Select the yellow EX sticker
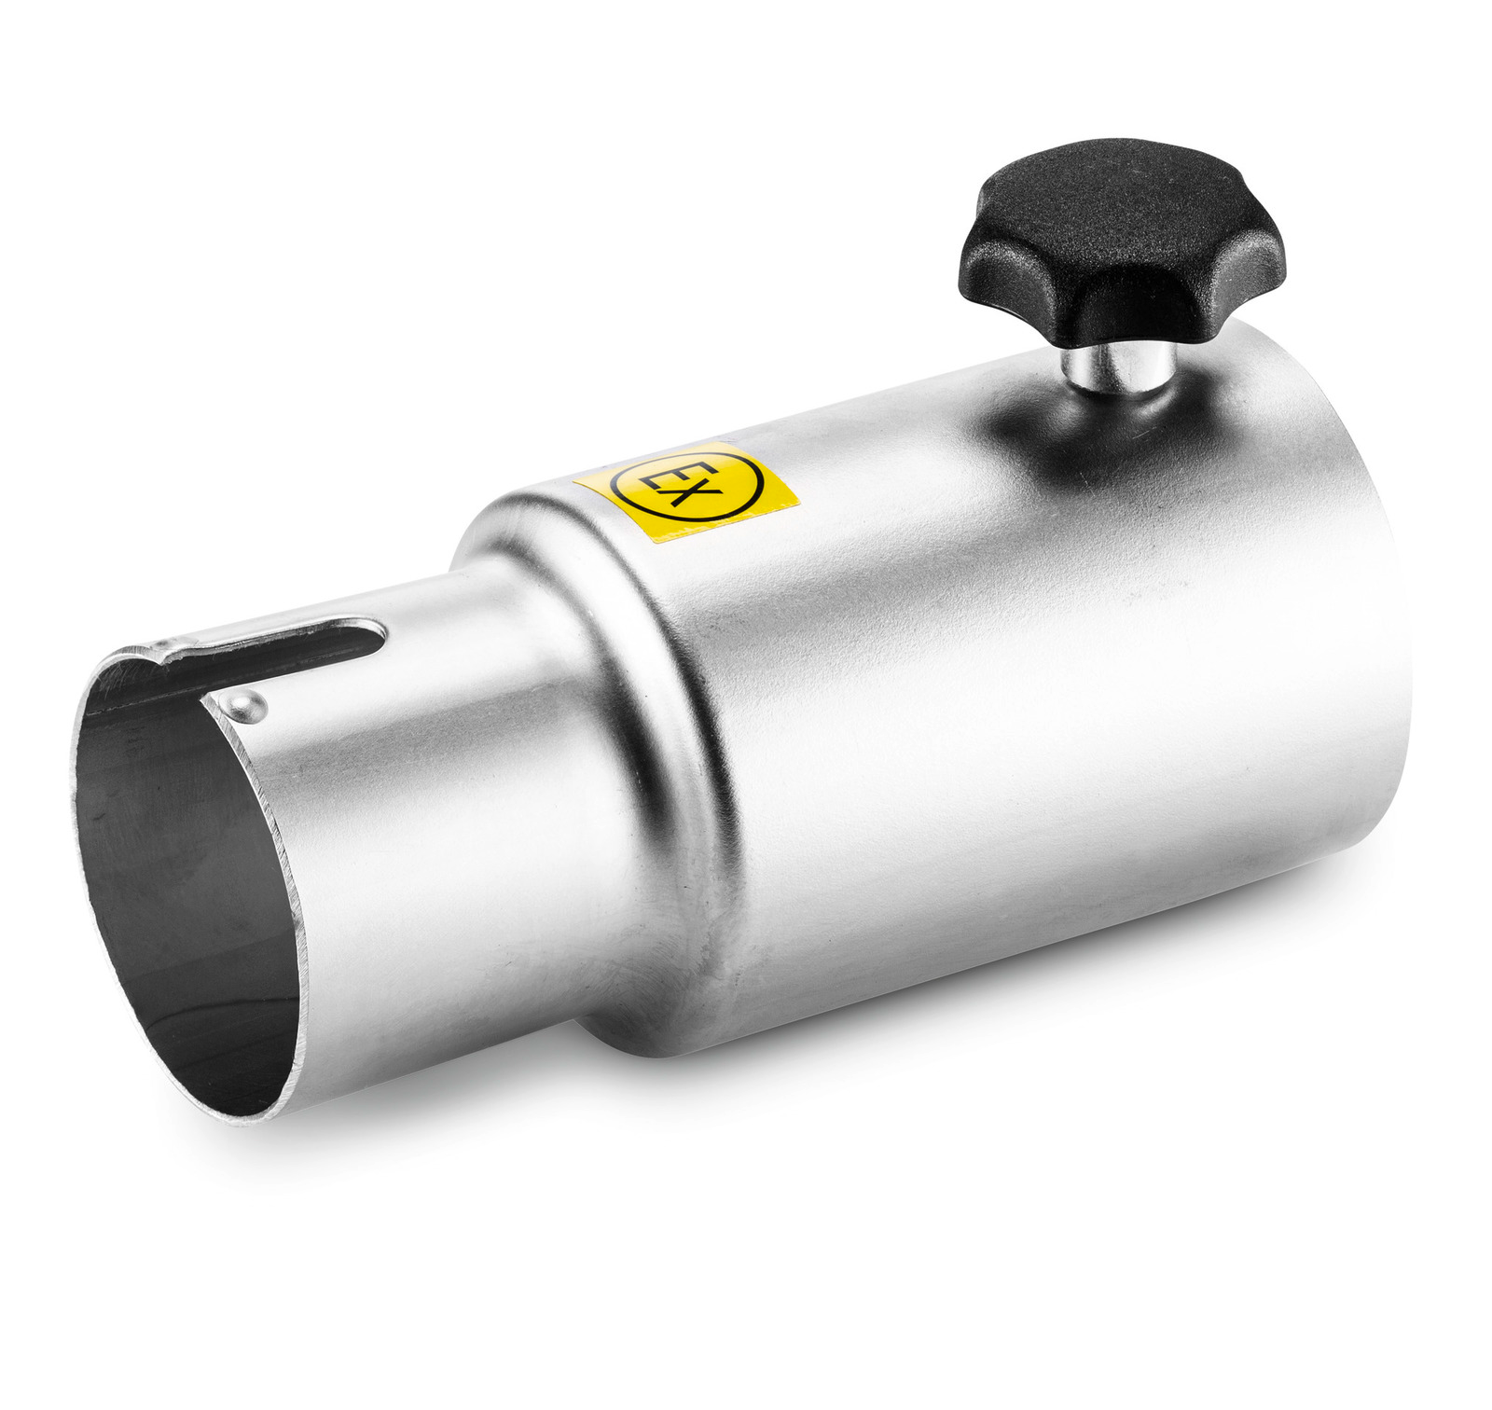click(x=686, y=491)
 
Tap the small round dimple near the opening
click(x=243, y=705)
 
